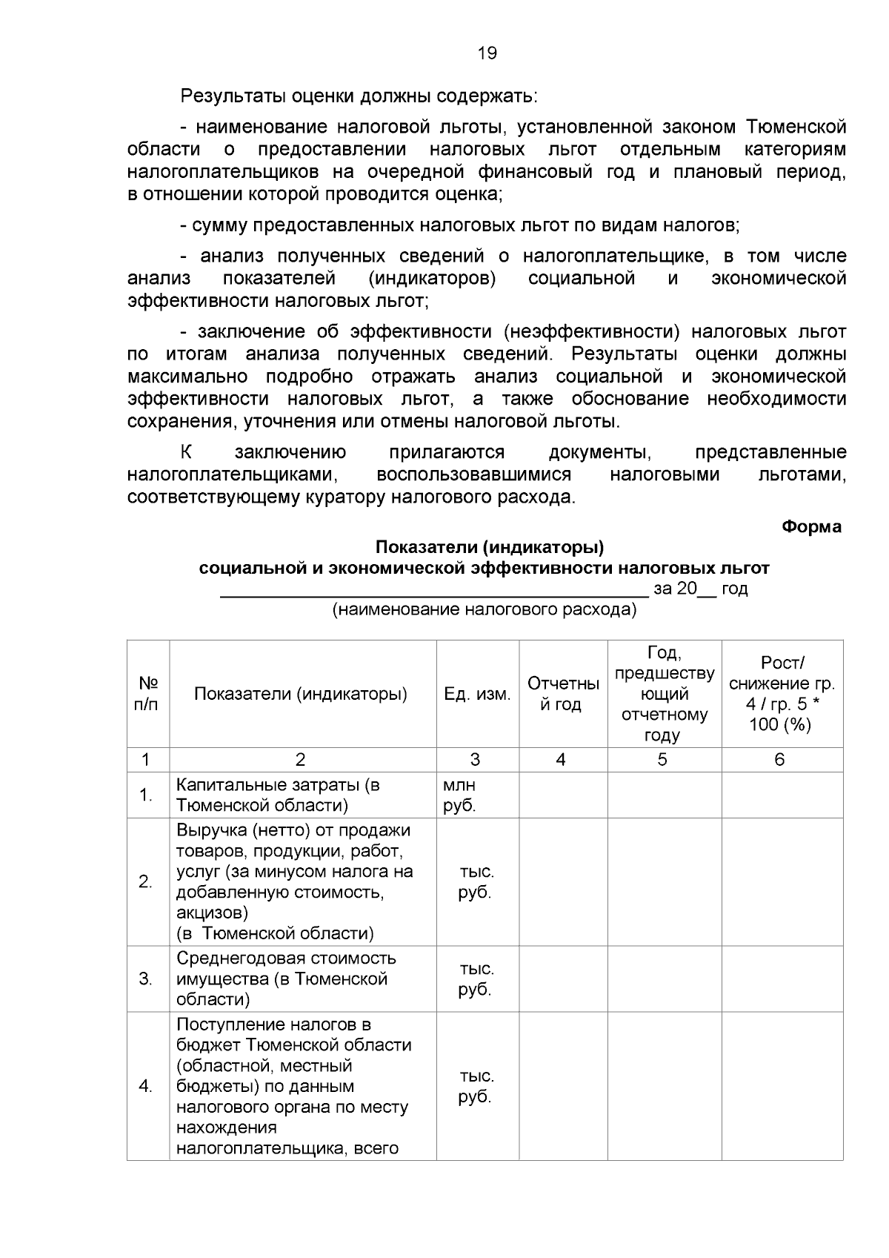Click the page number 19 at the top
click(487, 53)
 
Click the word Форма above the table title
click(811, 526)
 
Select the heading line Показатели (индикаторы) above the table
click(490, 547)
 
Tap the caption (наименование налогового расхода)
click(484, 609)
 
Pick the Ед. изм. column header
click(477, 694)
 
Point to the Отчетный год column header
click(562, 694)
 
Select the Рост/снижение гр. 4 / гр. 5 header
click(782, 694)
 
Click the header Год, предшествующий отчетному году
click(664, 694)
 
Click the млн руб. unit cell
click(460, 795)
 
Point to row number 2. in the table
click(145, 881)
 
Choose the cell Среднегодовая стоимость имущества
click(286, 979)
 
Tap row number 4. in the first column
click(145, 1086)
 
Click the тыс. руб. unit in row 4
click(476, 1086)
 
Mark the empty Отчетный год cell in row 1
click(562, 795)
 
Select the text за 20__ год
click(700, 589)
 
